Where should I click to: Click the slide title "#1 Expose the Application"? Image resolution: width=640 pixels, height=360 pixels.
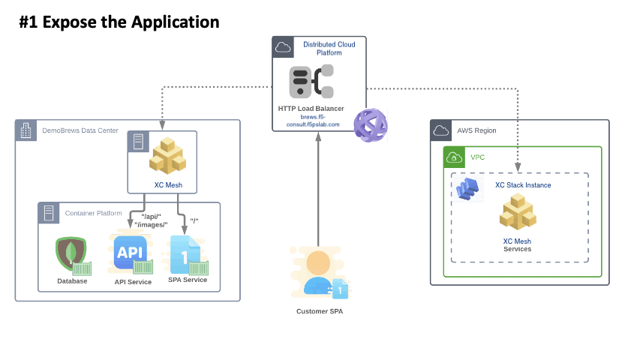click(119, 22)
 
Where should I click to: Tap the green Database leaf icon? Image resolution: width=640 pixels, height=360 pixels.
click(71, 253)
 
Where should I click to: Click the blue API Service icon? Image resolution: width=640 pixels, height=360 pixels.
click(131, 253)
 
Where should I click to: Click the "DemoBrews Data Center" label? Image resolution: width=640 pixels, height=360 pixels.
click(80, 130)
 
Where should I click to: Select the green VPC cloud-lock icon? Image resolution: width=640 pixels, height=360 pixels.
click(454, 157)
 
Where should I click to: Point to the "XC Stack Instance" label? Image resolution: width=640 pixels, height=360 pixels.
click(523, 185)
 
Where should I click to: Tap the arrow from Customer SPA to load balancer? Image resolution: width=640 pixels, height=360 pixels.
click(319, 187)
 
